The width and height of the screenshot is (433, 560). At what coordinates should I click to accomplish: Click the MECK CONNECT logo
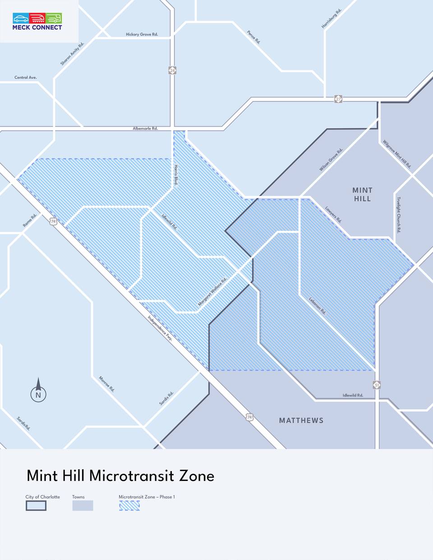coord(37,22)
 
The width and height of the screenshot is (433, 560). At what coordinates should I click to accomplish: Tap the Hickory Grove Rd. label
coord(142,34)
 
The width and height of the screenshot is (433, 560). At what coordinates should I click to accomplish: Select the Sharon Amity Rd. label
coord(72,54)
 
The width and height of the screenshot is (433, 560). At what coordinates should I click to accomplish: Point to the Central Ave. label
coord(26,78)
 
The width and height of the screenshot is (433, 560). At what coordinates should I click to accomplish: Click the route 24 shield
coord(172,70)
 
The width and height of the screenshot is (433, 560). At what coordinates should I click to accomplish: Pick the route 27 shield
coord(338,99)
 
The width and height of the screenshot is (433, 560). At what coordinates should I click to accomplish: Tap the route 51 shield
coord(377,385)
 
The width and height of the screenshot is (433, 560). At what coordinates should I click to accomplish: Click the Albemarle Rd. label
coord(145,129)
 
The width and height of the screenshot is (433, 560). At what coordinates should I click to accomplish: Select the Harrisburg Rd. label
coord(332,19)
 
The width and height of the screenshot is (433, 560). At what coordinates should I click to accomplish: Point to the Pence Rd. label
coord(254,37)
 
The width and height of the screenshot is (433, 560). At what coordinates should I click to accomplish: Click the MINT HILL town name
coord(362,194)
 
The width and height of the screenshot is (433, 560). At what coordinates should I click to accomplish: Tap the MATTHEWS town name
coord(301,421)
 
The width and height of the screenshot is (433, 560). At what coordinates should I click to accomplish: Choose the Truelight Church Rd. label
coord(399,214)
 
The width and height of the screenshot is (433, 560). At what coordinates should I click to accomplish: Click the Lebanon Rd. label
coord(318,305)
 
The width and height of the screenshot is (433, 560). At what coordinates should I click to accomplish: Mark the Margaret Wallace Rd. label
coord(212,292)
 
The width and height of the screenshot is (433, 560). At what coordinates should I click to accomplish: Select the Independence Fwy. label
coord(160,328)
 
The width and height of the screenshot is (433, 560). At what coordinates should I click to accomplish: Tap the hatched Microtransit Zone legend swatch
coord(129,506)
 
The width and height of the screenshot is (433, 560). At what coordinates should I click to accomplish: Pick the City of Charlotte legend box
coord(36,506)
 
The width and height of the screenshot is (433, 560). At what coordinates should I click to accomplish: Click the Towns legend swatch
coord(83,506)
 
